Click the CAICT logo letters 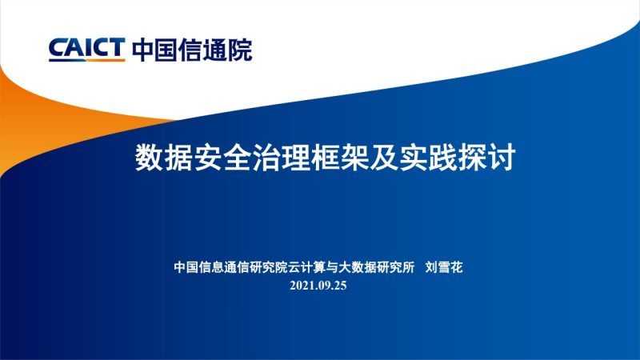[86, 50]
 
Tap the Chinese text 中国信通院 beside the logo [192, 50]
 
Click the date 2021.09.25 [318, 286]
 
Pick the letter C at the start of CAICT [58, 50]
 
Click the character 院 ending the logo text [241, 50]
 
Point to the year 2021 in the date [302, 286]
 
